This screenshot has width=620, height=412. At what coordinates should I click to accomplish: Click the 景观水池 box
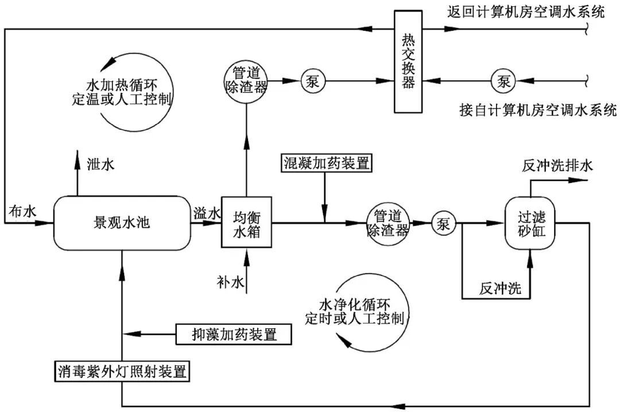click(122, 223)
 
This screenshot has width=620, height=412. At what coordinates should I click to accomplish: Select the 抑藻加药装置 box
click(234, 334)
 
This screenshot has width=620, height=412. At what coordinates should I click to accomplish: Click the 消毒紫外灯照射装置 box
click(122, 371)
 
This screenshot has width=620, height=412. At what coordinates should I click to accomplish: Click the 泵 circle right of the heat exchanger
click(503, 81)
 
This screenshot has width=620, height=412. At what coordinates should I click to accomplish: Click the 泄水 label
click(100, 164)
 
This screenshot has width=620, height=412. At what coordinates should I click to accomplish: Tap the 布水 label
click(22, 212)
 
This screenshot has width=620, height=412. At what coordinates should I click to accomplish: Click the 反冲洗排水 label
click(557, 165)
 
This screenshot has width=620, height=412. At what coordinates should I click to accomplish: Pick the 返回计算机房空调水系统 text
click(526, 13)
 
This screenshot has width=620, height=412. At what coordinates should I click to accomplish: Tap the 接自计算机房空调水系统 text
click(538, 109)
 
